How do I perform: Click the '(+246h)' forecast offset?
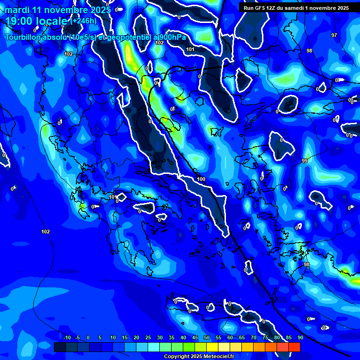pyautogui.click(x=83, y=21)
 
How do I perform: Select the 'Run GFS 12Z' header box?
pyautogui.click(x=296, y=8)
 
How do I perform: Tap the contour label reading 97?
pyautogui.click(x=334, y=35)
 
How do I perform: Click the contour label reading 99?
pyautogui.click(x=305, y=161)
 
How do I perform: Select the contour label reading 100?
pyautogui.click(x=201, y=179)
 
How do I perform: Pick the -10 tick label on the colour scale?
pyautogui.click(x=67, y=337)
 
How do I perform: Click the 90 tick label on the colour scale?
pyautogui.click(x=300, y=337)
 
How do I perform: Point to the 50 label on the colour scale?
pyautogui.click(x=207, y=337)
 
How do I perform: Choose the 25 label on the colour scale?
pyautogui.click(x=148, y=337)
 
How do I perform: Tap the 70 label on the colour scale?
pyautogui.click(x=254, y=337)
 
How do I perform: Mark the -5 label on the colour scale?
pyautogui.click(x=78, y=337)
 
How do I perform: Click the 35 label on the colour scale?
pyautogui.click(x=172, y=337)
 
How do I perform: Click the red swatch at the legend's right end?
pyautogui.click(x=294, y=347)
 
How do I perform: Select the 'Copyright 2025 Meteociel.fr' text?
pyautogui.click(x=199, y=357)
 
